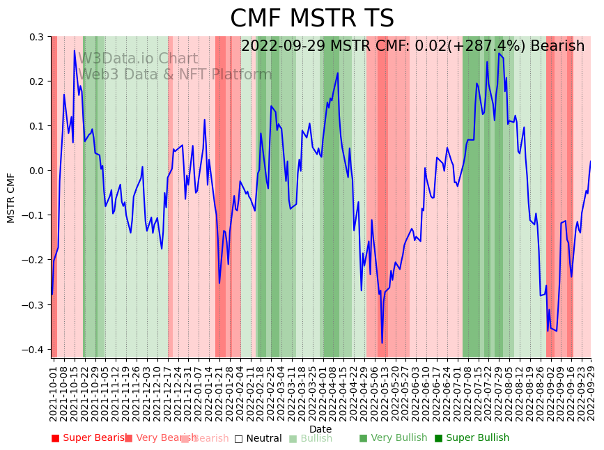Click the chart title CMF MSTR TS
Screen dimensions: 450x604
pyautogui.click(x=311, y=19)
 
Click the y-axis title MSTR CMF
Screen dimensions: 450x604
pyautogui.click(x=11, y=198)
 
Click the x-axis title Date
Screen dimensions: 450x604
pyautogui.click(x=320, y=429)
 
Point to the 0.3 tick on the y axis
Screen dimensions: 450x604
pyautogui.click(x=36, y=37)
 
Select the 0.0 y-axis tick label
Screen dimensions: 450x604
pyautogui.click(x=36, y=171)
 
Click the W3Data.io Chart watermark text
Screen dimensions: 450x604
pyautogui.click(x=138, y=59)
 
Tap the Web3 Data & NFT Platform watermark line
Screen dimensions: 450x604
pyautogui.click(x=175, y=75)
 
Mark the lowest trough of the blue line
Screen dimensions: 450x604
pyautogui.click(x=382, y=343)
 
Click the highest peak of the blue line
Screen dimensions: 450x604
pyautogui.click(x=75, y=50)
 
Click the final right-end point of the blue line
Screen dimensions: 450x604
pyautogui.click(x=590, y=162)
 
